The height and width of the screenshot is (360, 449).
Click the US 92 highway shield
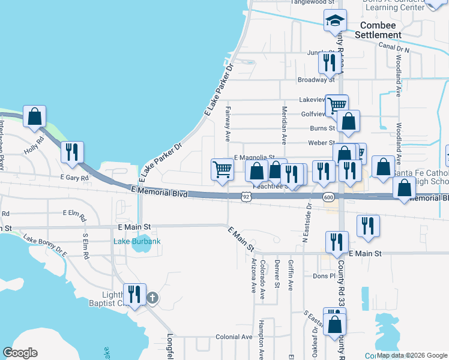click(246, 196)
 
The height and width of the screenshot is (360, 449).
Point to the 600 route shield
click(328, 197)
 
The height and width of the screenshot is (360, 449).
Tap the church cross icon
click(152, 297)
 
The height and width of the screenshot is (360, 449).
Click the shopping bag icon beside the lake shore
click(35, 116)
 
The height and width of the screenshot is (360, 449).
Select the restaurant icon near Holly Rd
click(72, 152)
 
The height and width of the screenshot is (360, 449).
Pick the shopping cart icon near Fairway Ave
click(222, 170)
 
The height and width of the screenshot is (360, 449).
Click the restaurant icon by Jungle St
click(330, 62)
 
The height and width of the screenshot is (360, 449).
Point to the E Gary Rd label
click(74, 178)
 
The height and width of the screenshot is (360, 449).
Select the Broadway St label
click(316, 79)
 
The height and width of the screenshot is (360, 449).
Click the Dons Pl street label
click(323, 276)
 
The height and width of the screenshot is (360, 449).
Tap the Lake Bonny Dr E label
click(46, 247)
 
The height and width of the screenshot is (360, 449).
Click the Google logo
click(20, 353)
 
